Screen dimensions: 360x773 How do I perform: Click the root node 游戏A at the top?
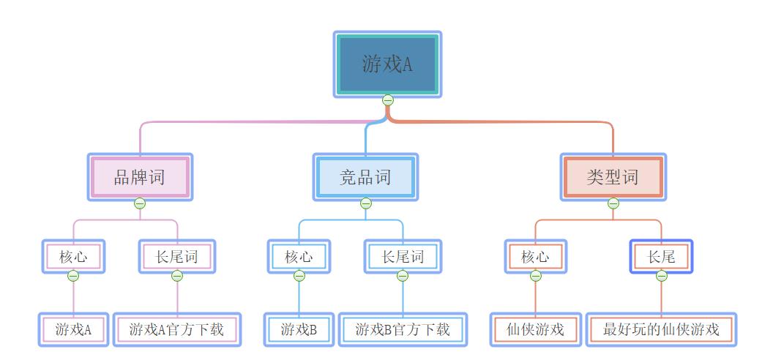tap(387, 64)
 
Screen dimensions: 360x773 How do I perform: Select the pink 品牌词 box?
tap(139, 177)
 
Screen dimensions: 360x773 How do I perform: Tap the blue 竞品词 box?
tap(365, 177)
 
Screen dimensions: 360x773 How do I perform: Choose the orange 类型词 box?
tap(613, 177)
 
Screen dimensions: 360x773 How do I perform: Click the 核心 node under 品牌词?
tap(73, 257)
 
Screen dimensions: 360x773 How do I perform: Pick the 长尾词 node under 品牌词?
tap(177, 257)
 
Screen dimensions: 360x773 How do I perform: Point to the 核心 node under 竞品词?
tap(299, 257)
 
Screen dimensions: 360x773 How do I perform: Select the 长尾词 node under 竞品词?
tap(403, 257)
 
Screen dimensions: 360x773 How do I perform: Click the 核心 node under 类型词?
tap(535, 257)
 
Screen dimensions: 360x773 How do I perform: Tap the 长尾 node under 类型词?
tap(661, 257)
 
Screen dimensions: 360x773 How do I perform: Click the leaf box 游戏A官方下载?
tap(176, 329)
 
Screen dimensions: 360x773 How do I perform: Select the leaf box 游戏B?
tap(299, 329)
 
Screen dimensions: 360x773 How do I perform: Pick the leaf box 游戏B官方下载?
tap(403, 329)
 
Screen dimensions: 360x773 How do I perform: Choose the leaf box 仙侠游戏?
tap(535, 329)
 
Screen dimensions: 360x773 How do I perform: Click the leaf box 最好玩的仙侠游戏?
tap(661, 329)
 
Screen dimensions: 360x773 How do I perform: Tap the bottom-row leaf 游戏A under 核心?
tap(73, 329)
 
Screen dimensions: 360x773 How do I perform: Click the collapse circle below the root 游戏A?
tap(388, 100)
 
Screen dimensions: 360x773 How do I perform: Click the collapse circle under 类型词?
tap(613, 203)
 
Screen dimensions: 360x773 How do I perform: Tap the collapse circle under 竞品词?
tap(366, 203)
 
